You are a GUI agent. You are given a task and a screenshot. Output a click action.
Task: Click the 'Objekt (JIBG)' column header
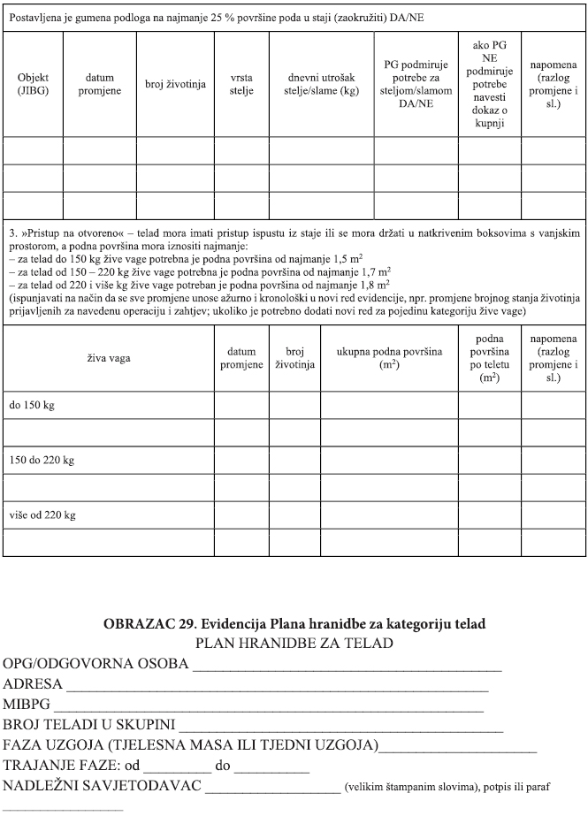point(33,84)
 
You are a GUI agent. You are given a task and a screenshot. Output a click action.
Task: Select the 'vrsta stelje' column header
point(241,84)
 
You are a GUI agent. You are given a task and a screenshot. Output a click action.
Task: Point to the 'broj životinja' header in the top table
point(175,84)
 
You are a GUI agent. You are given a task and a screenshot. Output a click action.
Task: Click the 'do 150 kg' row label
point(31,404)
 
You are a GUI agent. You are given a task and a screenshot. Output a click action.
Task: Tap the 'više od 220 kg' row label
point(42,515)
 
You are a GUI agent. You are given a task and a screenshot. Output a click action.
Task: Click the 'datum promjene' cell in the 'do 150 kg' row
point(241,404)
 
